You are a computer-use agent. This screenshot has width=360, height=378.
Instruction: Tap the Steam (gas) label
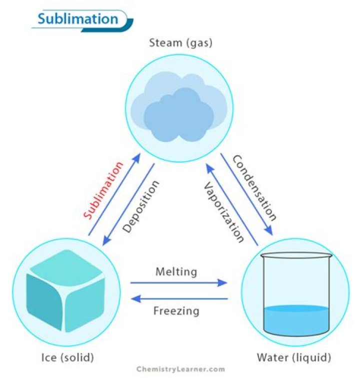pos(180,43)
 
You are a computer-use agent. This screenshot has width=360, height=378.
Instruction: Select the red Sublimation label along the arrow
pos(103,191)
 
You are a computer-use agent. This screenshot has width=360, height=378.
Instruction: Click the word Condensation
pos(254,188)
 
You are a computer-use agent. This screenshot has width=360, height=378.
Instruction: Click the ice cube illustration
pos(65,295)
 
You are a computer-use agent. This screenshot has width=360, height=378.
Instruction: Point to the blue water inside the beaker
pos(295,318)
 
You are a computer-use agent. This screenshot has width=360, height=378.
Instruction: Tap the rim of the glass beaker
pos(295,254)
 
